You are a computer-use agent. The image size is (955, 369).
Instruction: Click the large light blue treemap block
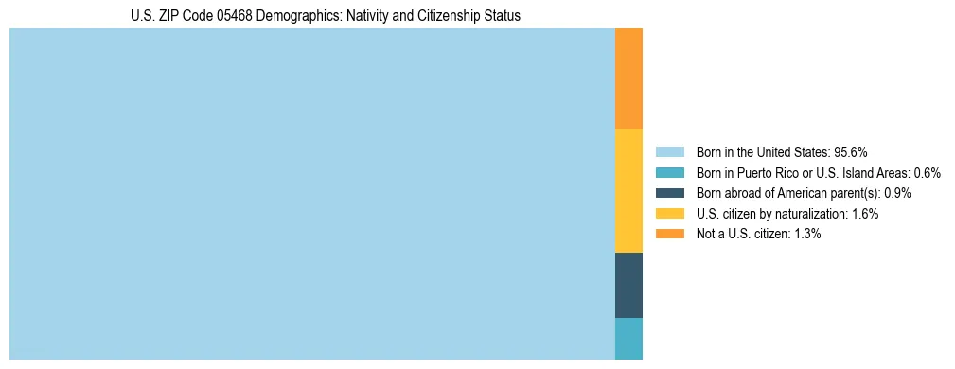(x=312, y=194)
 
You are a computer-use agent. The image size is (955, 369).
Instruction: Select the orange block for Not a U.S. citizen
(x=628, y=79)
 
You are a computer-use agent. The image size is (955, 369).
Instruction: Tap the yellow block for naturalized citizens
(x=628, y=190)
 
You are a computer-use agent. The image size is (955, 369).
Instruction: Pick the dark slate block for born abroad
(x=628, y=285)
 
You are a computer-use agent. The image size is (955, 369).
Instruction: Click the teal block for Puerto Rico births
(x=628, y=339)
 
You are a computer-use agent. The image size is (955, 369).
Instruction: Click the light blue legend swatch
(x=669, y=151)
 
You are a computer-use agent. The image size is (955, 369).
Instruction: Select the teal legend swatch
(x=669, y=172)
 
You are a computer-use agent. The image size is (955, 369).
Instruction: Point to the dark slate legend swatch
(x=669, y=193)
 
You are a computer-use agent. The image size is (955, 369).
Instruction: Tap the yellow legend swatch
(x=669, y=214)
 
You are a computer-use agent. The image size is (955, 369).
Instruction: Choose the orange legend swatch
(x=669, y=234)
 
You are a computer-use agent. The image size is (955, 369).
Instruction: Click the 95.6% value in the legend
(x=851, y=151)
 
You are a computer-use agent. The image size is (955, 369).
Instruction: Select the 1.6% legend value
(x=864, y=214)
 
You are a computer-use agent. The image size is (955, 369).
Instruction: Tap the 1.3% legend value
(x=806, y=234)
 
